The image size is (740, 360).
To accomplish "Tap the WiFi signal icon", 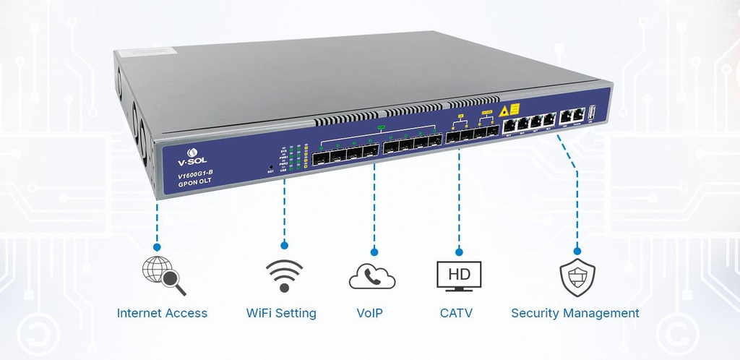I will click(x=283, y=275).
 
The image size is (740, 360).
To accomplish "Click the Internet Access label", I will click(x=162, y=313).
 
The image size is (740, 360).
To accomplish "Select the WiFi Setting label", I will click(x=281, y=313).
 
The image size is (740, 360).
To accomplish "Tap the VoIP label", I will click(x=369, y=313).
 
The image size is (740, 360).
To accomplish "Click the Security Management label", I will click(x=575, y=313).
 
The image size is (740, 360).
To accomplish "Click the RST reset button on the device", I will click(x=271, y=166).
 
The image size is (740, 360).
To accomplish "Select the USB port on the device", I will click(x=591, y=113).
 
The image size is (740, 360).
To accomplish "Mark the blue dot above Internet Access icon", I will click(x=157, y=247).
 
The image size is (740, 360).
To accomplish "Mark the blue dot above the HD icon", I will click(x=459, y=251).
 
